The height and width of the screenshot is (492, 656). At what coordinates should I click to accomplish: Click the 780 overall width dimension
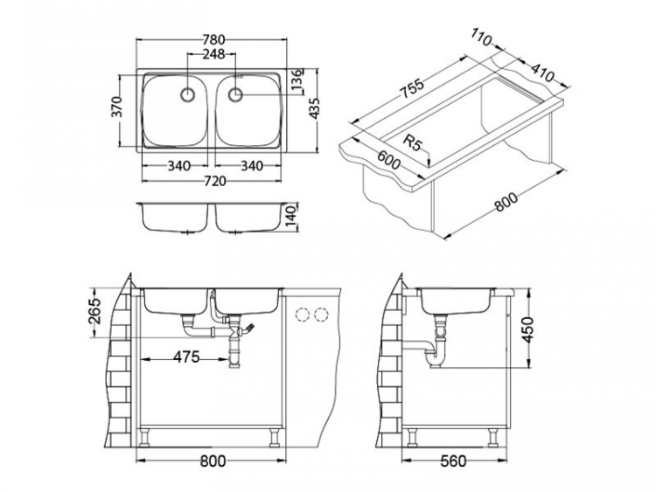[x=215, y=39]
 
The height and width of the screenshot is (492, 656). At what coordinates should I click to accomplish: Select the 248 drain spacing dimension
[x=213, y=54]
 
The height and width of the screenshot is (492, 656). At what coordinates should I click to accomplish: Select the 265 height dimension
[x=96, y=309]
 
